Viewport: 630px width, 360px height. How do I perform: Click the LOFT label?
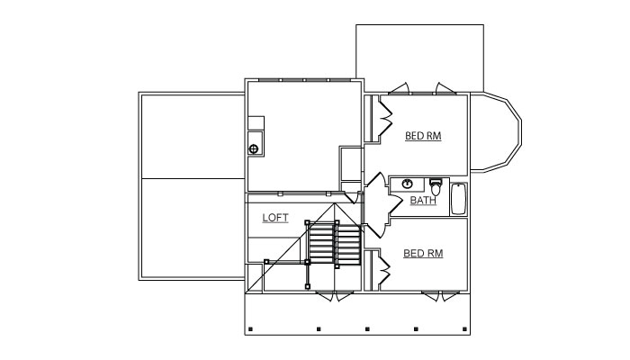click(275, 218)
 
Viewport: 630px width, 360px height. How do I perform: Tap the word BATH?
click(423, 200)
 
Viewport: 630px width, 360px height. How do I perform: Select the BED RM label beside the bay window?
click(423, 136)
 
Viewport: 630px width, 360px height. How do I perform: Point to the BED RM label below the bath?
click(423, 254)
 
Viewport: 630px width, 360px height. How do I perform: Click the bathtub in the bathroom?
click(458, 199)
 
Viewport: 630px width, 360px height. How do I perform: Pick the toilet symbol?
click(436, 187)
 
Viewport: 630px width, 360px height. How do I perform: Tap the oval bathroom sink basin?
click(408, 184)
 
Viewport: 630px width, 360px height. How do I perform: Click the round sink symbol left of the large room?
click(254, 149)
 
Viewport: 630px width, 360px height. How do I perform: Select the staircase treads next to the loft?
click(334, 244)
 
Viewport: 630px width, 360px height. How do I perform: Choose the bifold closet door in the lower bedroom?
click(384, 269)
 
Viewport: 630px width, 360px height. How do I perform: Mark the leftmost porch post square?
click(250, 329)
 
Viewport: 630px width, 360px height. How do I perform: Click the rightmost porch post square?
click(464, 329)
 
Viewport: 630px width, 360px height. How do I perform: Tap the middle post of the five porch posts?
click(367, 329)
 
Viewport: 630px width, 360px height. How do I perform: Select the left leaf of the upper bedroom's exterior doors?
click(399, 88)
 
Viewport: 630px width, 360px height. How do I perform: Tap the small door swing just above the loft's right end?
click(352, 198)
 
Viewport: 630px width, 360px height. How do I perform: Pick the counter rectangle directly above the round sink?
click(256, 123)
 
